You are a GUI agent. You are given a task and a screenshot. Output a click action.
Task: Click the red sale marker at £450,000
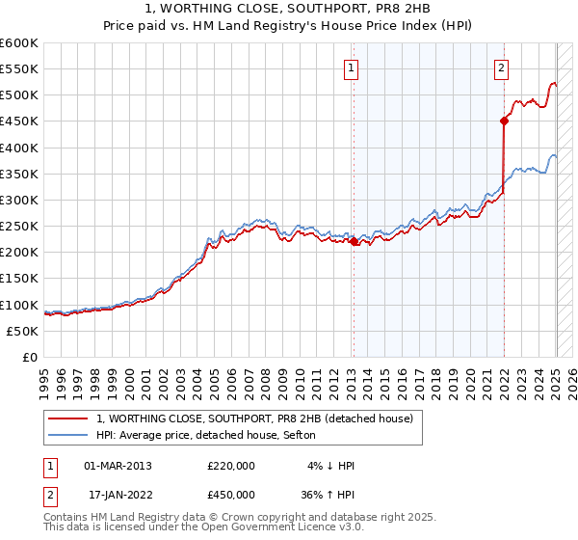[x=504, y=121]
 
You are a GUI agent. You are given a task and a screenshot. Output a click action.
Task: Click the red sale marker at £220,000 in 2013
[x=353, y=241]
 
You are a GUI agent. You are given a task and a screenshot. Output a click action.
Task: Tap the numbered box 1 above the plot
[x=352, y=67]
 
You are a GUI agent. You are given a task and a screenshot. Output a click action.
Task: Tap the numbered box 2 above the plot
[x=503, y=67]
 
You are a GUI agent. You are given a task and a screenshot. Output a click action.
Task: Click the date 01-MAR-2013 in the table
[x=118, y=465]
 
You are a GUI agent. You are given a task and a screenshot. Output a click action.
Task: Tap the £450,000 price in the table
[x=231, y=496]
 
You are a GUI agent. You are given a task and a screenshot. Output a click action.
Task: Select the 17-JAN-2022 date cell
[x=118, y=496]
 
